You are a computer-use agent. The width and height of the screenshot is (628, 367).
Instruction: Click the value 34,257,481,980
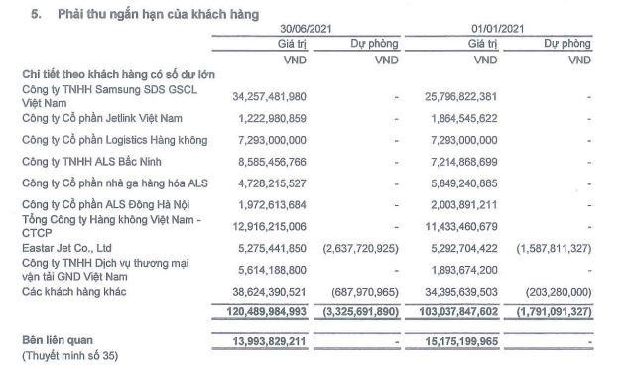[x=271, y=96]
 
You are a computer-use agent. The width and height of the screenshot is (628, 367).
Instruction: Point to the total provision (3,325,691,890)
[x=365, y=311]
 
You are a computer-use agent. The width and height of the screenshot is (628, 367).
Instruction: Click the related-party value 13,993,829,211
[x=271, y=340]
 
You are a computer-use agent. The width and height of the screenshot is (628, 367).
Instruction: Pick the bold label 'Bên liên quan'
[x=56, y=340]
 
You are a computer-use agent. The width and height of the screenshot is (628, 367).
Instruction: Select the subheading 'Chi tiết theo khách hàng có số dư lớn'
[x=119, y=75]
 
